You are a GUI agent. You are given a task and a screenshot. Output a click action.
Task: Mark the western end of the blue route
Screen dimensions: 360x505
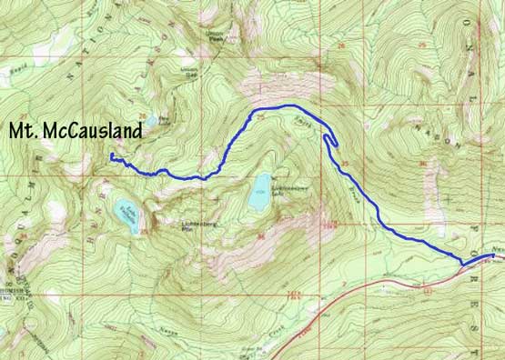(111, 156)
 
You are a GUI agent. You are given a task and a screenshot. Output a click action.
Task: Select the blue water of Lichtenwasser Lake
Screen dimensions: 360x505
(261, 186)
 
